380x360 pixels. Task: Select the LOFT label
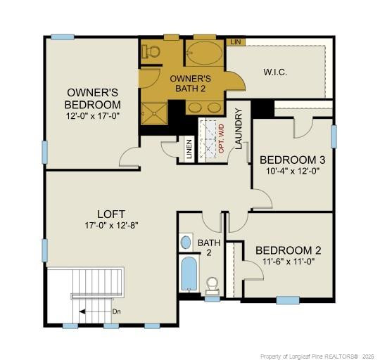[111, 214]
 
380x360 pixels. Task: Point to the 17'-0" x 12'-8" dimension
[111, 226]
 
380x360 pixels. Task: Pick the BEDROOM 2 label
[289, 250]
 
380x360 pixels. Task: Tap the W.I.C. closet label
[276, 72]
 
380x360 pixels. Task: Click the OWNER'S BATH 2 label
[190, 84]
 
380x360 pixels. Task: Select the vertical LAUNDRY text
[239, 129]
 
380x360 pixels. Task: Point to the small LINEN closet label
[189, 150]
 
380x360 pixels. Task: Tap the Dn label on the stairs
[115, 310]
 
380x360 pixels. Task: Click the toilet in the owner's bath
[150, 51]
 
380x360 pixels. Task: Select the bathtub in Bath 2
[189, 275]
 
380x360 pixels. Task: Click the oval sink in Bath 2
[186, 243]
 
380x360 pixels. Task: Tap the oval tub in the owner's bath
[204, 54]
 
